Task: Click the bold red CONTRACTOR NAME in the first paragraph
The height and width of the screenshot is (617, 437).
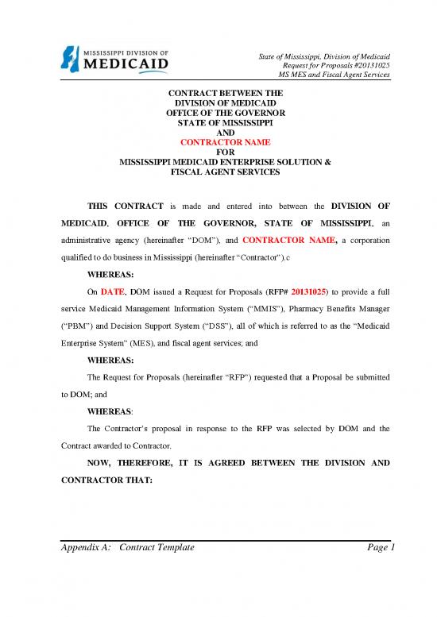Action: (293, 238)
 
